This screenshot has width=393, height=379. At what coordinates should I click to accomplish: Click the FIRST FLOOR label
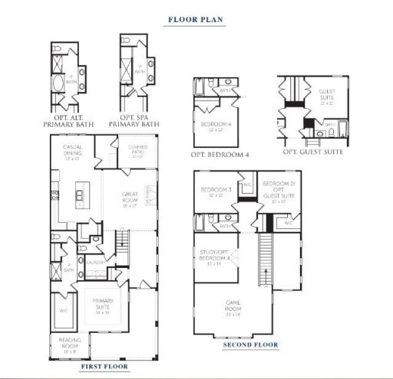point(101,367)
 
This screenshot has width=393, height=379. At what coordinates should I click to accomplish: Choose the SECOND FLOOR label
point(250,345)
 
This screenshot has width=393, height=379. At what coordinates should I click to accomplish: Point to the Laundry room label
point(96,262)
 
